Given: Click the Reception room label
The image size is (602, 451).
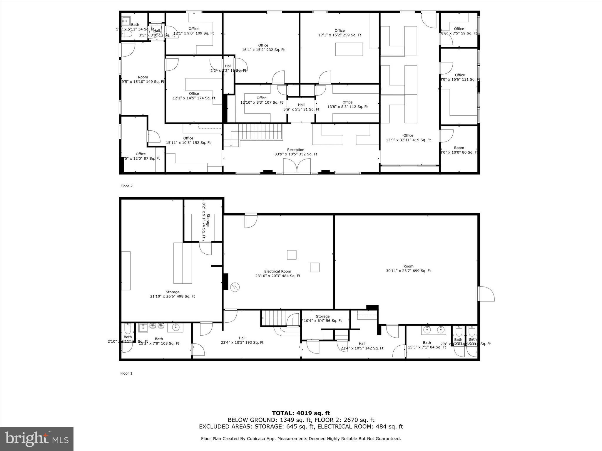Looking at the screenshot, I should click(x=295, y=152).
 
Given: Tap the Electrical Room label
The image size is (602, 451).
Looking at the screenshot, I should click(x=277, y=274).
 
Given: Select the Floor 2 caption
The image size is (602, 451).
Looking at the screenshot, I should click(x=126, y=186).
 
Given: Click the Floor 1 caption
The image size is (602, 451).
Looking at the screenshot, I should click(x=126, y=373).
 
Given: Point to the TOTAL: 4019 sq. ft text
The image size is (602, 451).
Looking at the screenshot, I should click(x=301, y=413).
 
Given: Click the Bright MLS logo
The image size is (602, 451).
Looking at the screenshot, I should click(x=37, y=439).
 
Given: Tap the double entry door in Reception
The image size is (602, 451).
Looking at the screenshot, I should click(x=297, y=166).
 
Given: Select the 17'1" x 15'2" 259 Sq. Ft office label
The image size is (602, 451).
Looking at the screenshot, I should click(x=340, y=33).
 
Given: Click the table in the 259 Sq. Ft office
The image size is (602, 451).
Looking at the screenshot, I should click(x=349, y=49).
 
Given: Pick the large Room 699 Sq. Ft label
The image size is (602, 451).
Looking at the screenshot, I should click(x=408, y=269).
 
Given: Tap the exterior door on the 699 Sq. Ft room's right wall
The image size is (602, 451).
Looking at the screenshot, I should click(x=486, y=294).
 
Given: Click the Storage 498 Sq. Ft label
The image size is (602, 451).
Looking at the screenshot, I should click(x=172, y=294).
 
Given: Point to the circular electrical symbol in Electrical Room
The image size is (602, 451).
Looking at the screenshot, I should click(x=235, y=287).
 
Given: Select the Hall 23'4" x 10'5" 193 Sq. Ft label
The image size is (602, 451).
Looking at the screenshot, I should click(x=242, y=340).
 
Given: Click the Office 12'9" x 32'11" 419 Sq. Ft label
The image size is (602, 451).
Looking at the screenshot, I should click(x=408, y=138).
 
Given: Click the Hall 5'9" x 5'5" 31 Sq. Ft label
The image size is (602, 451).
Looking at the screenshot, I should click(x=301, y=107).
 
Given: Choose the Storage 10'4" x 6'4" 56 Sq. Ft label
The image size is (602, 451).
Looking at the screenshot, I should click(x=322, y=319).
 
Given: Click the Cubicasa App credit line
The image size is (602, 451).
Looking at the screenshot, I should click(x=301, y=439).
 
